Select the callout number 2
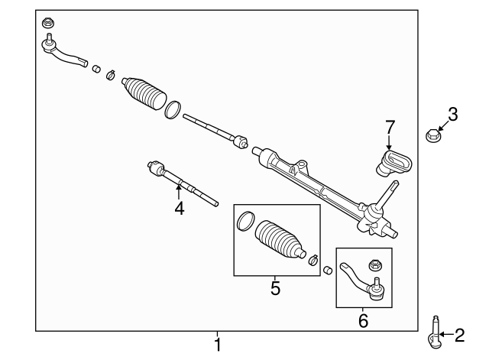(x=459, y=334)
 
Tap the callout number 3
(x=452, y=115)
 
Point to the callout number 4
(x=179, y=207)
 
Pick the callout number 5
(x=275, y=288)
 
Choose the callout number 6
(x=363, y=321)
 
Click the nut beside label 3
(x=431, y=138)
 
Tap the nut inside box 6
(x=374, y=265)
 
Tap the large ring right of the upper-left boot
(x=173, y=110)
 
